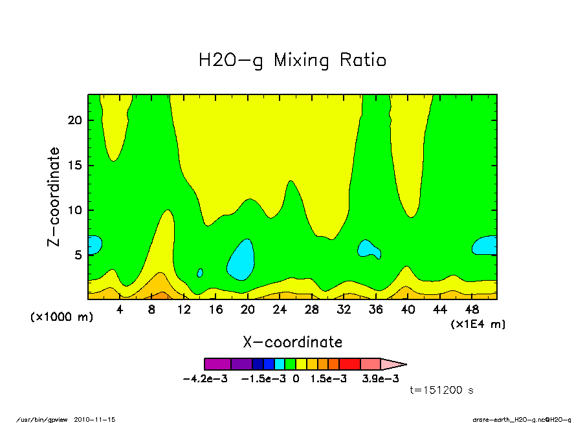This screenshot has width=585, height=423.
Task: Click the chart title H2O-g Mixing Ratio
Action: (292, 61)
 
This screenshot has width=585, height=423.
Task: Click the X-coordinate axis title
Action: (292, 342)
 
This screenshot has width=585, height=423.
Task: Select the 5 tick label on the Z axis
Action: (79, 255)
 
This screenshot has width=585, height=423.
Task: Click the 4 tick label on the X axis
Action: (120, 310)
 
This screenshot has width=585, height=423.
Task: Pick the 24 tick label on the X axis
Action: (280, 310)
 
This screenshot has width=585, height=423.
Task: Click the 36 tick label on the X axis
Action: (375, 310)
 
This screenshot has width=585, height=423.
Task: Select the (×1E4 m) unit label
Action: (478, 323)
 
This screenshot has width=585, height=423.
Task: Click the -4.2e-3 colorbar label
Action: (205, 379)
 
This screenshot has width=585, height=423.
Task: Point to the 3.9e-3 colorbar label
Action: (381, 379)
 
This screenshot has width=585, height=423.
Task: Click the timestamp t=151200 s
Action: (442, 391)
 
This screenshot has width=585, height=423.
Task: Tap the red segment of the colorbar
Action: (349, 364)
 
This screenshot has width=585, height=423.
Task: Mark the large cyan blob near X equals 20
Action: (241, 259)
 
